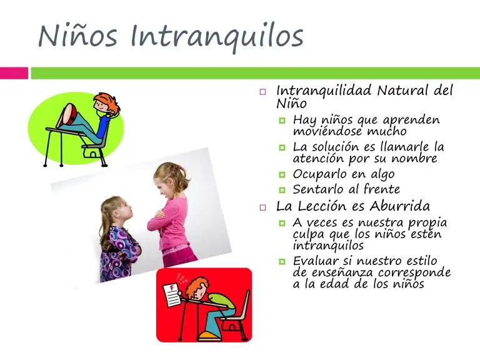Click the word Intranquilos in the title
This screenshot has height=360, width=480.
(x=217, y=37)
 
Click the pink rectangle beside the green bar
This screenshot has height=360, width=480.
(x=14, y=73)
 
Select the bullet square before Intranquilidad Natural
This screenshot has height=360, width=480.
(x=262, y=91)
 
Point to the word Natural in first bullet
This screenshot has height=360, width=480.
(x=402, y=91)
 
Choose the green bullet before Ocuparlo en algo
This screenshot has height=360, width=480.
(x=282, y=175)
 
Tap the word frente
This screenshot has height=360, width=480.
(x=382, y=189)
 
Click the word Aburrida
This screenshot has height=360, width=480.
(x=399, y=206)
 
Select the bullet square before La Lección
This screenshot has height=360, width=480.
(x=262, y=207)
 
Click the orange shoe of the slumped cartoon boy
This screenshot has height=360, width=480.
(x=209, y=337)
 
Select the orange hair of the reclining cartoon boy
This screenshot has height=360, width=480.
(x=107, y=102)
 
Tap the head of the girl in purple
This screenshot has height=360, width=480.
(x=115, y=211)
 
